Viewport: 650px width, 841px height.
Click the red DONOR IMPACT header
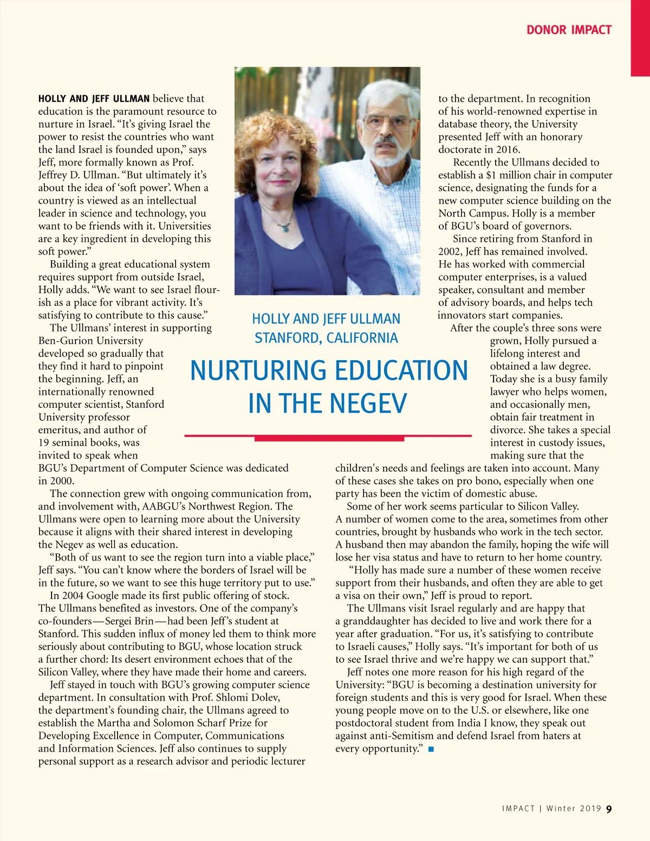[x=569, y=30]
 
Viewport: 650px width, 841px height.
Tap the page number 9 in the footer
[x=609, y=809]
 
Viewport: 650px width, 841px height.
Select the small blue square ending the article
[x=431, y=749]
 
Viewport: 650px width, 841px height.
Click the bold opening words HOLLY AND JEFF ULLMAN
[x=94, y=99]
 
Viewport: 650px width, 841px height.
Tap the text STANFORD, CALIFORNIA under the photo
[x=326, y=338]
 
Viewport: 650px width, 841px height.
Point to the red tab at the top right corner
[x=640, y=38]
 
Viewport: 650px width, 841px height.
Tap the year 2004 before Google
[x=72, y=596]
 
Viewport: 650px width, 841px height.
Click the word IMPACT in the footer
[x=518, y=809]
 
